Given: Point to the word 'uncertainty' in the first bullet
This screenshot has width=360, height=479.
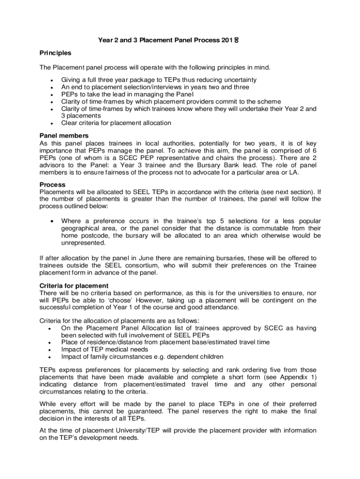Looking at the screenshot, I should pyautogui.click(x=237, y=80).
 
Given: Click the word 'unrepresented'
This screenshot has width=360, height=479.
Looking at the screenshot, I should pyautogui.click(x=83, y=243).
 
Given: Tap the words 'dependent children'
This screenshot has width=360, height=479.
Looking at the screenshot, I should pyautogui.click(x=187, y=357).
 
